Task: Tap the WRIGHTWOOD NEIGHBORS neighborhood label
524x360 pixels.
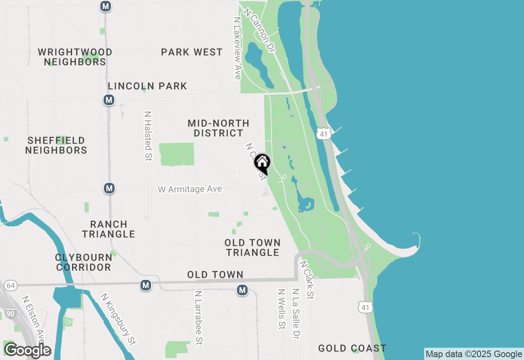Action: click(x=75, y=57)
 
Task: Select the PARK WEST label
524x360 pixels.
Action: click(x=192, y=52)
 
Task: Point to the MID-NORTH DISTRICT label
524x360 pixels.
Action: click(x=219, y=128)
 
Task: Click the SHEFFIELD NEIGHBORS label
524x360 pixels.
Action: click(x=56, y=145)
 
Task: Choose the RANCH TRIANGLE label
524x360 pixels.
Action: click(x=108, y=229)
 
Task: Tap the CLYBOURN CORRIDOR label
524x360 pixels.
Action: click(x=84, y=262)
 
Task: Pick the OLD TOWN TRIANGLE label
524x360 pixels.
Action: click(x=253, y=248)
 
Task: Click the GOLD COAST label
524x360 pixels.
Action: click(x=352, y=348)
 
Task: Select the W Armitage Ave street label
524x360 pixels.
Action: click(x=190, y=189)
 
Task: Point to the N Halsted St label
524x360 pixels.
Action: click(x=148, y=136)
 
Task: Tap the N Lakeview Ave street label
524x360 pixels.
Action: click(x=237, y=48)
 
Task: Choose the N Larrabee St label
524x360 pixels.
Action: click(x=199, y=317)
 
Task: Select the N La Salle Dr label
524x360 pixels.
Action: click(x=295, y=314)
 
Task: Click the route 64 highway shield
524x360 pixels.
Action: click(x=11, y=285)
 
